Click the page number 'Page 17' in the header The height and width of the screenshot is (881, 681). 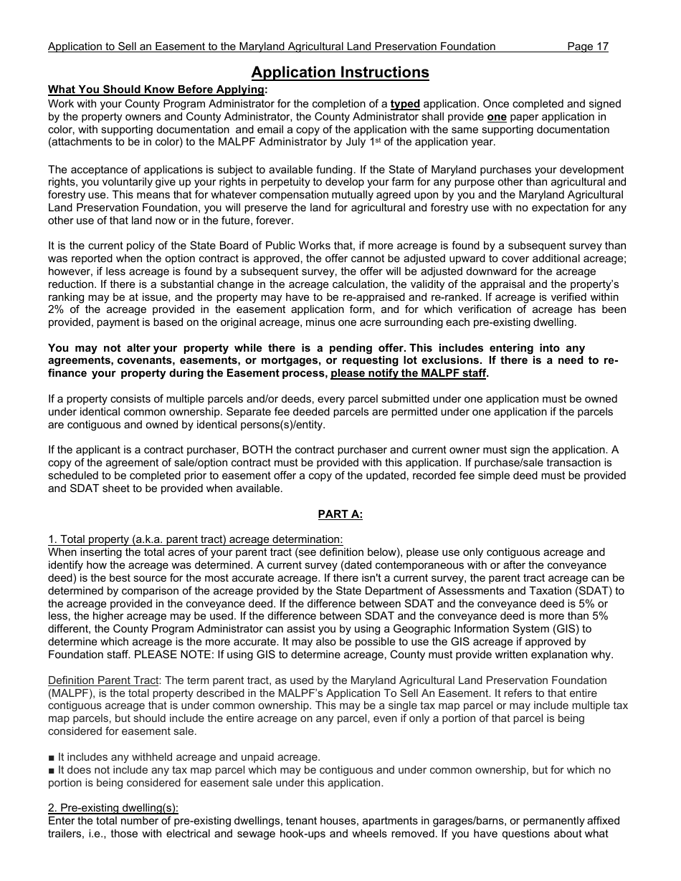[x=587, y=47]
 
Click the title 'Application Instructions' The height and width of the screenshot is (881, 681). [x=340, y=72]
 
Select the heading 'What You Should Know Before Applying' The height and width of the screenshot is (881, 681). [x=156, y=90]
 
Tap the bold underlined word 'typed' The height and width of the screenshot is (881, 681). [x=405, y=104]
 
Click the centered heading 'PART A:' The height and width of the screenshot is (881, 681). [x=340, y=514]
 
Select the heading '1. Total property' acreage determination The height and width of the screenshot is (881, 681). [x=195, y=539]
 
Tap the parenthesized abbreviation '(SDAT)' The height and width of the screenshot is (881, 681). [x=590, y=591]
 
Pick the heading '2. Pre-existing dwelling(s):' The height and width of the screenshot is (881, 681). [x=113, y=808]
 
